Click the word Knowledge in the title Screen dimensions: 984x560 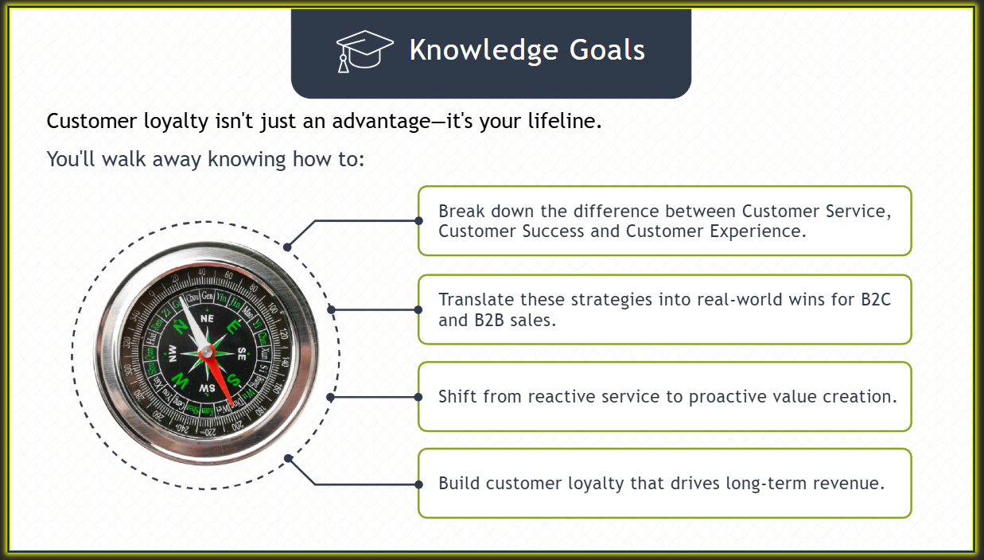tap(484, 50)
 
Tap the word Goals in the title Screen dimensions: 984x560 tap(607, 49)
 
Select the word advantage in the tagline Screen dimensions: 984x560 tap(381, 122)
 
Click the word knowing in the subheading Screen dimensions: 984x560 tap(247, 159)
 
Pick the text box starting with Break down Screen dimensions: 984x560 tap(665, 221)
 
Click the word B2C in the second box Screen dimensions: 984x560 tap(876, 300)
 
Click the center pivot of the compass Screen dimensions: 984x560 tap(207, 352)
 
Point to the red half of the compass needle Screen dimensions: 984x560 tap(220, 379)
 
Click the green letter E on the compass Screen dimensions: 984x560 tap(234, 326)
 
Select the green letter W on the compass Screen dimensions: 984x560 tap(180, 380)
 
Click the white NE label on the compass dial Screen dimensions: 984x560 tap(208, 318)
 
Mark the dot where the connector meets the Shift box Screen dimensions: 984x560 tap(418, 397)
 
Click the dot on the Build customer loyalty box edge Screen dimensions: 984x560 tap(418, 484)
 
